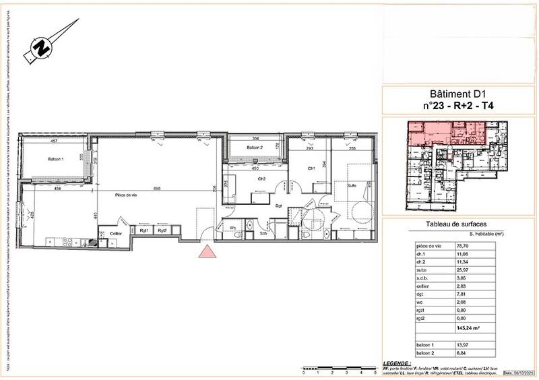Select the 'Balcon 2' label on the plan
[x=253, y=148]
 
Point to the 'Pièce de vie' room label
[x=126, y=195]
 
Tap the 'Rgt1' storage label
[x=143, y=230]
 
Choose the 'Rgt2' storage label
[x=162, y=230]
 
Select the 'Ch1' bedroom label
[x=312, y=168]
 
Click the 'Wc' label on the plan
[x=232, y=228]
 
